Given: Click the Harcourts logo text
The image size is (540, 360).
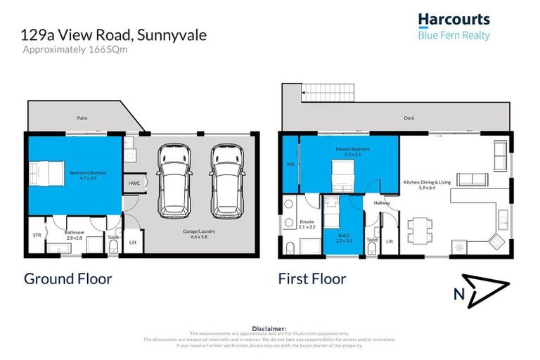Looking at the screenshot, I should click(454, 20).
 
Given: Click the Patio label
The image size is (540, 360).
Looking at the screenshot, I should click(82, 119).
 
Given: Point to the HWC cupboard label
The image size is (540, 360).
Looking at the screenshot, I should click(134, 184).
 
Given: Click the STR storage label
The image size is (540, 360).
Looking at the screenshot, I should click(37, 236).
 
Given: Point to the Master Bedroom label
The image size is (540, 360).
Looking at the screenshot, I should click(353, 152).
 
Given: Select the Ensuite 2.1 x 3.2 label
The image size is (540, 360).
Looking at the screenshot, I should click(307, 226).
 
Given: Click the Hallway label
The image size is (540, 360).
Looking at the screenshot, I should click(382, 203).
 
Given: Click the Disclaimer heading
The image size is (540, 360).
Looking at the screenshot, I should click(269, 328).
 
